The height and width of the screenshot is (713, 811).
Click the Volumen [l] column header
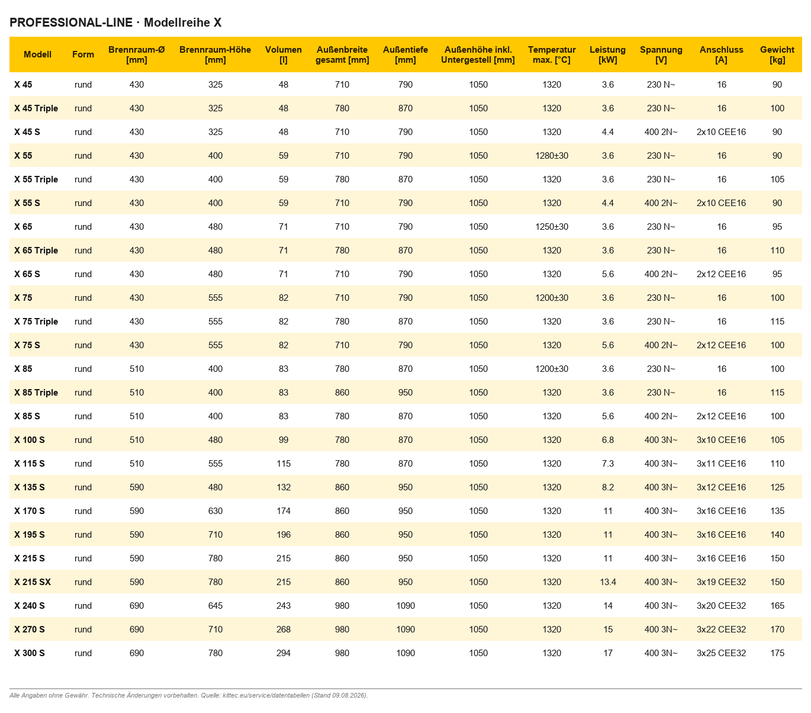(x=283, y=54)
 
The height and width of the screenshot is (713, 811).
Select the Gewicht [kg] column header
(x=777, y=54)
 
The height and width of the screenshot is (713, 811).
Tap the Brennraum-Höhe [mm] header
(x=215, y=54)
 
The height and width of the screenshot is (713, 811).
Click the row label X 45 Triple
(x=36, y=108)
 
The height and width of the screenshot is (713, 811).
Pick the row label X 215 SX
(x=33, y=582)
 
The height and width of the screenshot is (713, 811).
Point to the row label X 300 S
(x=29, y=653)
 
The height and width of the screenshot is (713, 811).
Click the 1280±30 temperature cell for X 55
(x=551, y=155)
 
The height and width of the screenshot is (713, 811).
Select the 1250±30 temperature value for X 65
(x=551, y=226)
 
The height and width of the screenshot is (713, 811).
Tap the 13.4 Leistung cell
(x=607, y=582)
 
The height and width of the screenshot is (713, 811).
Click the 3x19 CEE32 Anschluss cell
(x=720, y=582)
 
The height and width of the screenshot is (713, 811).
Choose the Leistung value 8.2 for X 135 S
(x=607, y=487)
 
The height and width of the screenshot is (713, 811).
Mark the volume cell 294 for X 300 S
(x=283, y=653)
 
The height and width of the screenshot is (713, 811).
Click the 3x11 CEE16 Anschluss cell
(x=720, y=464)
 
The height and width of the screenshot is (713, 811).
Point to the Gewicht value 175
(x=777, y=653)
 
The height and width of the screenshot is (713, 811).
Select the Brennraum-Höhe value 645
(x=215, y=605)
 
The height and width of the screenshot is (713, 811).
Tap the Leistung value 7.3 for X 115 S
(x=607, y=464)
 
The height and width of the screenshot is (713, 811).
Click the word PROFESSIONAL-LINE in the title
(x=71, y=23)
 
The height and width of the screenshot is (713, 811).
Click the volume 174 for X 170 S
(x=283, y=510)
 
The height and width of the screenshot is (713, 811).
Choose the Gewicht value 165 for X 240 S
(x=777, y=605)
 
